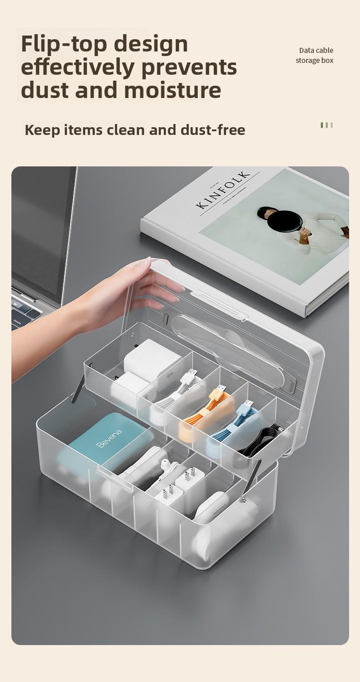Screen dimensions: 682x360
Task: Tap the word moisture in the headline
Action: tap(172, 90)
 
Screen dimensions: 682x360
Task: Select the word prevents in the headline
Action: tap(189, 67)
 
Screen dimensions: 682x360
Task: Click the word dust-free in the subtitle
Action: tap(212, 130)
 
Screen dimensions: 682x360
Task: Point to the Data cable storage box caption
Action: tap(315, 55)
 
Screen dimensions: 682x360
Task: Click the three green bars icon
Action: tap(326, 125)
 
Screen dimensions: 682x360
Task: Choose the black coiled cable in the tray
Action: tap(262, 440)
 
